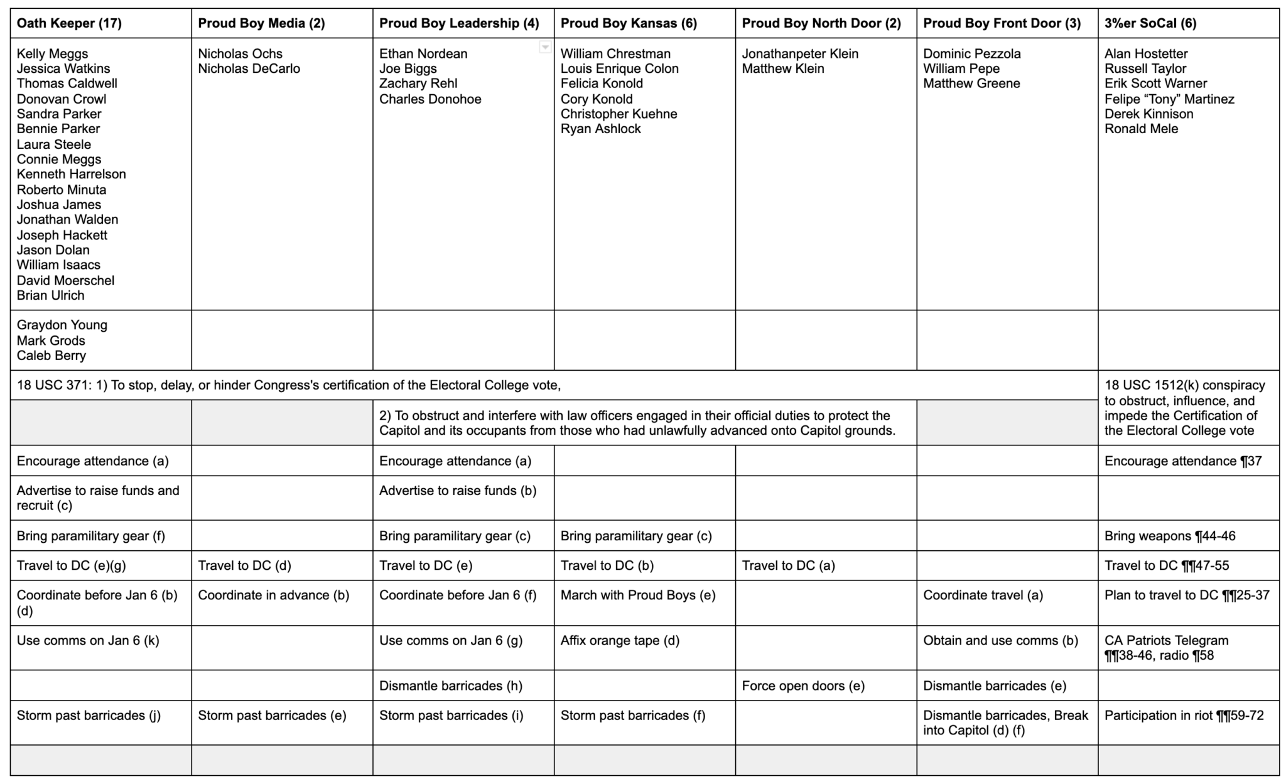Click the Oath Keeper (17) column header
(x=69, y=23)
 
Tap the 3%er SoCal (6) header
(x=1150, y=23)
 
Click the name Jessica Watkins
(x=63, y=68)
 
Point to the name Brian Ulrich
(x=50, y=295)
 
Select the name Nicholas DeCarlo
(x=249, y=68)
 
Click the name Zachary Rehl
(x=418, y=84)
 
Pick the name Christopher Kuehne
(x=619, y=114)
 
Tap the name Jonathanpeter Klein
(x=800, y=53)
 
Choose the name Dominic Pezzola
(x=971, y=53)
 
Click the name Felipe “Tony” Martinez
(x=1169, y=99)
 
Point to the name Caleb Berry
(x=51, y=356)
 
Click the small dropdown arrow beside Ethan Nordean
(x=545, y=47)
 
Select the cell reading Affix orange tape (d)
(x=620, y=641)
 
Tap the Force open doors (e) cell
(x=803, y=685)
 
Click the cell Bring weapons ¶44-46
(x=1170, y=536)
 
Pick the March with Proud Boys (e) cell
(x=638, y=595)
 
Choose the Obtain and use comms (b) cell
(x=1000, y=641)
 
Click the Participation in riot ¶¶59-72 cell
(x=1184, y=716)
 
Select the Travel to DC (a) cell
(x=788, y=565)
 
